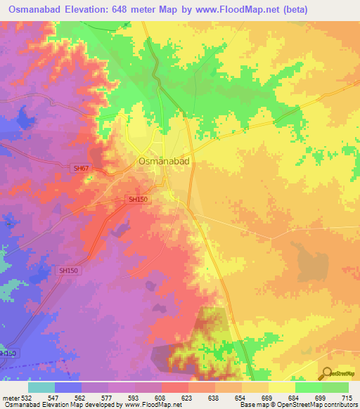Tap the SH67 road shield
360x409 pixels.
(82, 169)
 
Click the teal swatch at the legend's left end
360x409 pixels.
(41, 387)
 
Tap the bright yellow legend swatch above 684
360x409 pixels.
(282, 387)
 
